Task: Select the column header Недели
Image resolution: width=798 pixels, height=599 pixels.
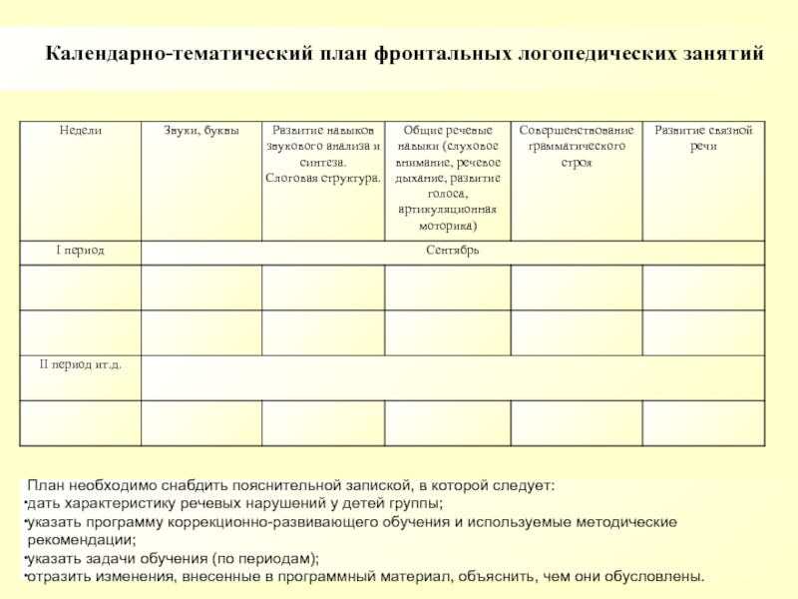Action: click(80, 131)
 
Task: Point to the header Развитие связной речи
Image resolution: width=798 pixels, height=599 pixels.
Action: click(704, 139)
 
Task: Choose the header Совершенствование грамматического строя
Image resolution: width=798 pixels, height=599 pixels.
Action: click(576, 146)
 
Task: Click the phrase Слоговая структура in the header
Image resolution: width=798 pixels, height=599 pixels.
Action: click(322, 177)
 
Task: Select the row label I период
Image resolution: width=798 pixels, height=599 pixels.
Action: click(80, 250)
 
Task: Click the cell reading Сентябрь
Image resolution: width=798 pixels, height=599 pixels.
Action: click(453, 250)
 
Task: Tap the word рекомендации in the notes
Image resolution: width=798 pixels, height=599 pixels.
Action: click(81, 540)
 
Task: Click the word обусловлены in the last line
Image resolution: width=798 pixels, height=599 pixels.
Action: click(654, 576)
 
